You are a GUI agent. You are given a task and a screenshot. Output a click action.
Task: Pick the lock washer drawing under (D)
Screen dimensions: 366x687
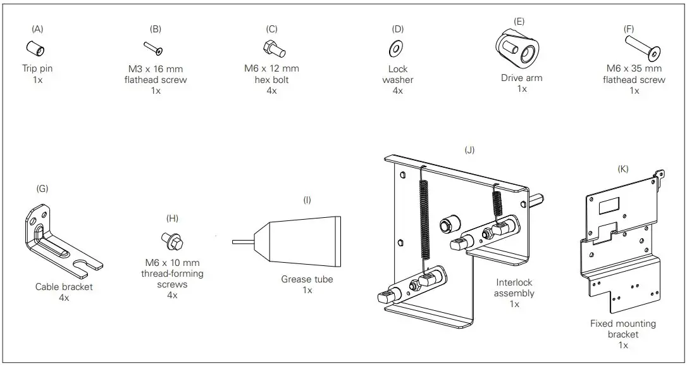398,47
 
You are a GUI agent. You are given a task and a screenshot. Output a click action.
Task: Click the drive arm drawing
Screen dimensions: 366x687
518,48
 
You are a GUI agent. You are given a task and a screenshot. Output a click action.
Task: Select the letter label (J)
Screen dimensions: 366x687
469,150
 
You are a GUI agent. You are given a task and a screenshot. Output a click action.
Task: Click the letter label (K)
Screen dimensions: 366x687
624,169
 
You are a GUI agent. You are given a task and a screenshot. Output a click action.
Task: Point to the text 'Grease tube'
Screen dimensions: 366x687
307,279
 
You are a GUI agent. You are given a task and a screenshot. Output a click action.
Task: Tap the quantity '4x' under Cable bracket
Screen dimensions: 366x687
63,298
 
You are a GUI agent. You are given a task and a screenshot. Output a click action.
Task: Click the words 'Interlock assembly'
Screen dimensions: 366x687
514,288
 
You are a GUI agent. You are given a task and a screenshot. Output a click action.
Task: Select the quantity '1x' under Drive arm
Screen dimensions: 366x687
522,89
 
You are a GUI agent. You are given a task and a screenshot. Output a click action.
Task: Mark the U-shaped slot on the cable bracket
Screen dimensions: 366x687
87,262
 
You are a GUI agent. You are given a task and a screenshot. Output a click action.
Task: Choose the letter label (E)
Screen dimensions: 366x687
520,21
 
